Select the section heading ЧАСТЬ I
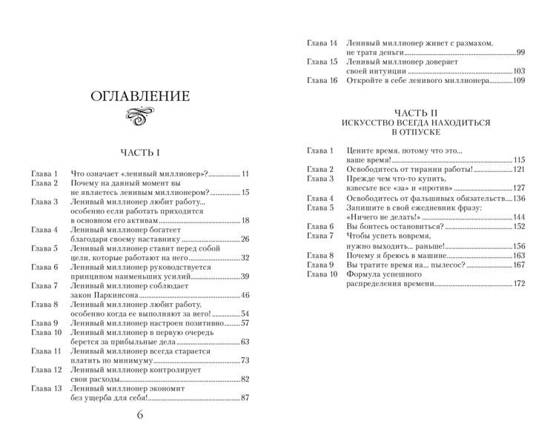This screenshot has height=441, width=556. tap(140, 153)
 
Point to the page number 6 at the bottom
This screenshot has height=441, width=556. tap(140, 414)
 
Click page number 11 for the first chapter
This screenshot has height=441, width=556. tap(245, 173)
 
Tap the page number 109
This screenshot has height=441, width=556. tap(518, 80)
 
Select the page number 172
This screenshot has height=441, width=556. tap(519, 284)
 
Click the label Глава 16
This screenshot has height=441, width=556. tap(322, 80)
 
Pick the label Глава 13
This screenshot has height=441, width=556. tap(45, 388)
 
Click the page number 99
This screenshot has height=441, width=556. tap(520, 53)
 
